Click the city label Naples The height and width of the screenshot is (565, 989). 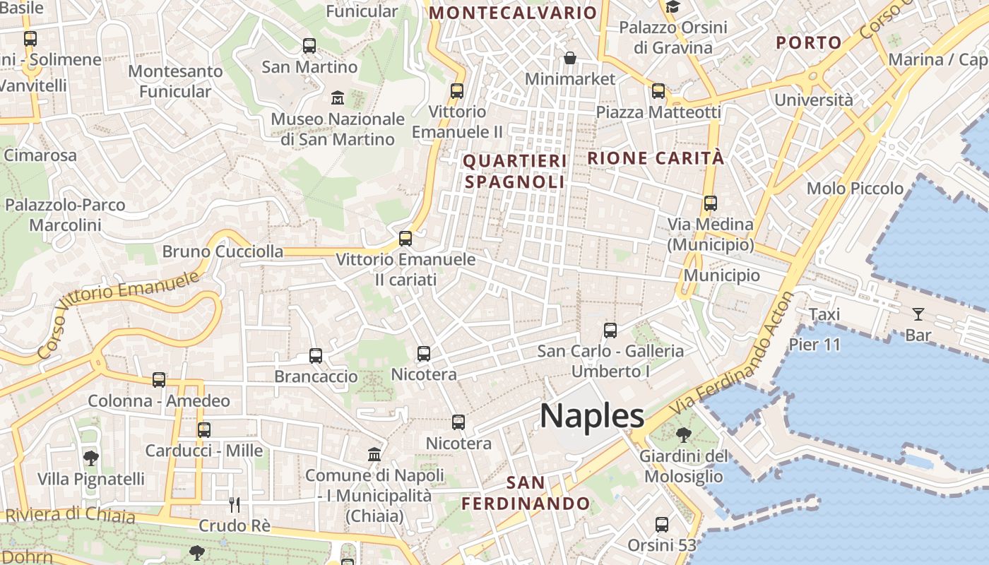(x=592, y=415)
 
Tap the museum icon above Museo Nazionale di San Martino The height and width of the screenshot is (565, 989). (x=338, y=97)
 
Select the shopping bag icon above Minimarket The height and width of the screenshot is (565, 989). (x=570, y=58)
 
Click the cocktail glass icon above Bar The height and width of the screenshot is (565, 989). (x=918, y=314)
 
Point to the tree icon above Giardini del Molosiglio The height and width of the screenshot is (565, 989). (x=682, y=434)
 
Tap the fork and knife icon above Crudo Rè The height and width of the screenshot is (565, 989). (x=235, y=504)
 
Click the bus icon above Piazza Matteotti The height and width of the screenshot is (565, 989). (x=658, y=91)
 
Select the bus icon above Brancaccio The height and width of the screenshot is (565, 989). (x=316, y=356)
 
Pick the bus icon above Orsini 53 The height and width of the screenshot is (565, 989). (x=662, y=525)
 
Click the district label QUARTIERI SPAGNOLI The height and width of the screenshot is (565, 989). (x=515, y=172)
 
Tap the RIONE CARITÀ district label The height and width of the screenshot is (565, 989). (x=656, y=158)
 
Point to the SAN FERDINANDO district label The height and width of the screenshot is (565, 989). (x=526, y=493)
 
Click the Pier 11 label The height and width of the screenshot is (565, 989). (x=815, y=345)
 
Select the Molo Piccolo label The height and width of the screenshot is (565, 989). (x=855, y=189)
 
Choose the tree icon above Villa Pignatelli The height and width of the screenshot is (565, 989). (x=90, y=458)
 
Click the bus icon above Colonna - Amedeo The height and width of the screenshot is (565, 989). (x=159, y=380)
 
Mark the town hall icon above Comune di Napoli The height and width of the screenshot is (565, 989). (x=374, y=453)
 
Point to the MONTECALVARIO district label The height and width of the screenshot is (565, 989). (x=514, y=13)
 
